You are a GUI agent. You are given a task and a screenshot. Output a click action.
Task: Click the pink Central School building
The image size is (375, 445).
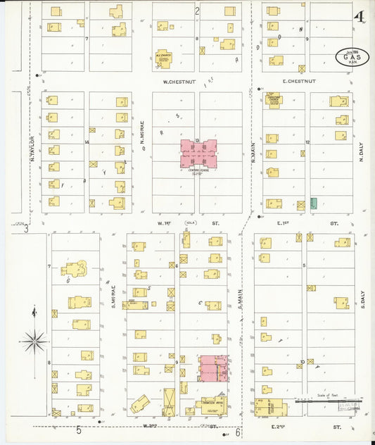tap(198, 153)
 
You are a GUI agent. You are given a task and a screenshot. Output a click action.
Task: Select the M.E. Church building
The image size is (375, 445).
tap(165, 58)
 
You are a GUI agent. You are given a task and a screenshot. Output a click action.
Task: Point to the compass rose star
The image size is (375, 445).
tap(33, 341)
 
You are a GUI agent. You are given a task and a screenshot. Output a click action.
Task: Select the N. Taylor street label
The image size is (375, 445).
tap(32, 149)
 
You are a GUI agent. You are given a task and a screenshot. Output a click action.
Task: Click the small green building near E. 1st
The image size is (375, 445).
tap(313, 203)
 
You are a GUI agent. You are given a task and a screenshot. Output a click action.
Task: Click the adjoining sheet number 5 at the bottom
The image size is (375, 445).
tap(79, 430)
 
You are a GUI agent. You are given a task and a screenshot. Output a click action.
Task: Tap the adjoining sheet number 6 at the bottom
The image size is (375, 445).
tap(239, 432)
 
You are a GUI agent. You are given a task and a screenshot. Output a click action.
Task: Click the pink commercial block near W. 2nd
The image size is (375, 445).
tap(213, 369)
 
